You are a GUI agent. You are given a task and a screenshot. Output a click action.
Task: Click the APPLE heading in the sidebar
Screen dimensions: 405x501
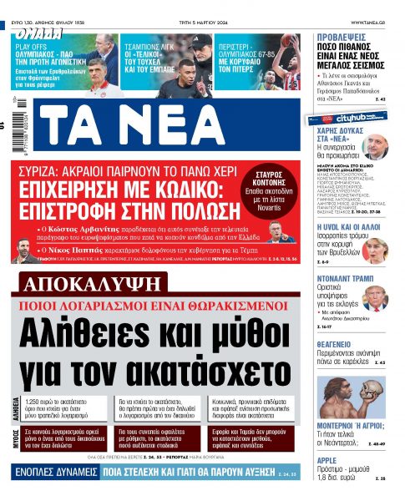pyautogui.click(x=327, y=460)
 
